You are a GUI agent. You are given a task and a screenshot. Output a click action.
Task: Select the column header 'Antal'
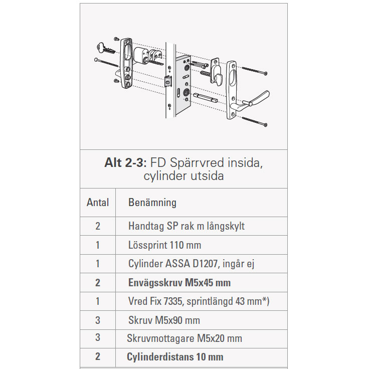coord(98,203)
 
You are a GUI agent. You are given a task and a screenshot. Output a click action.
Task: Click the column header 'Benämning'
coord(152,203)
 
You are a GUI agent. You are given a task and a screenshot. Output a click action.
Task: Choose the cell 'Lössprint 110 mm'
coord(164,245)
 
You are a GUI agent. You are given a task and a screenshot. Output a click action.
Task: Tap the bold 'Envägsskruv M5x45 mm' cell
coord(179,283)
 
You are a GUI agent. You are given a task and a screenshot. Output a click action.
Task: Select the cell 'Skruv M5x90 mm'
coord(164,320)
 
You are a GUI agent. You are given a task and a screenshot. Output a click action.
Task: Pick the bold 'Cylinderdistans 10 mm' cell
coord(175,357)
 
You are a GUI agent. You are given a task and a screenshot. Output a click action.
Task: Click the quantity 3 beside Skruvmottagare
coord(98,338)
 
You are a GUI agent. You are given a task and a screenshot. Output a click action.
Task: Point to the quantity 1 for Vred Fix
coord(98,301)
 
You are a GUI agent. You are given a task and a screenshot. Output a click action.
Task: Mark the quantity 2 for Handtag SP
coord(98,226)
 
